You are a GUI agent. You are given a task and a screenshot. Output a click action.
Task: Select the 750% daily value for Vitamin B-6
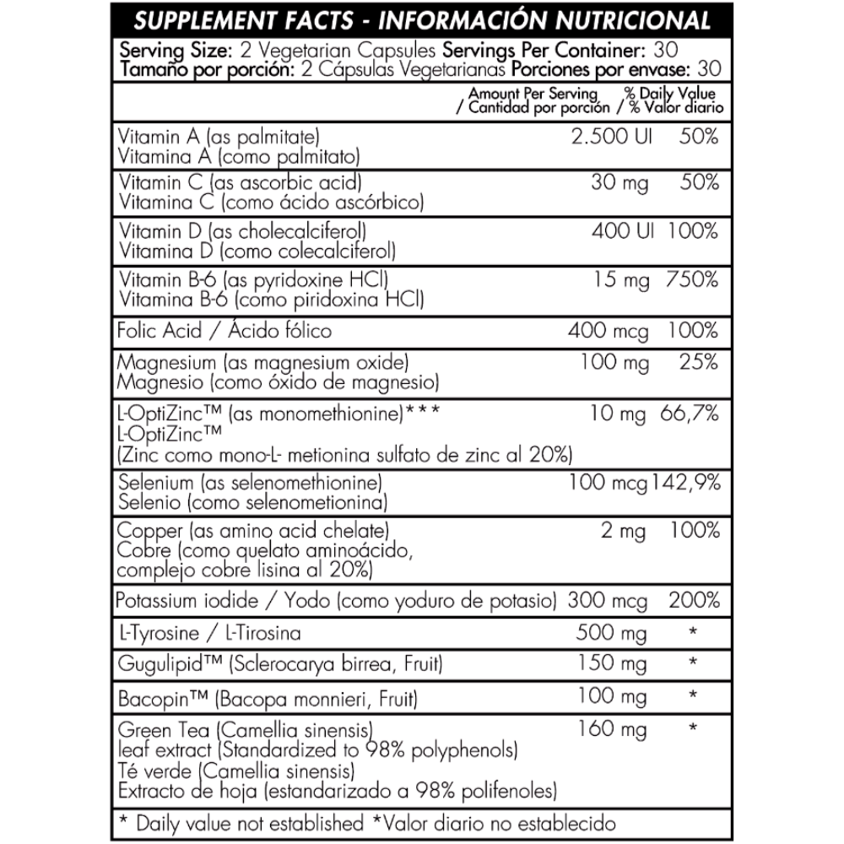point(690,280)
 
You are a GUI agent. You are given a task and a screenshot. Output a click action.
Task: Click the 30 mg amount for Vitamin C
point(619,182)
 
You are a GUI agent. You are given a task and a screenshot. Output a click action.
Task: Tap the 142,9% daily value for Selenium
point(684,484)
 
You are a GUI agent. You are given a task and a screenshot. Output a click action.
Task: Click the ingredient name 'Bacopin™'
point(165,699)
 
